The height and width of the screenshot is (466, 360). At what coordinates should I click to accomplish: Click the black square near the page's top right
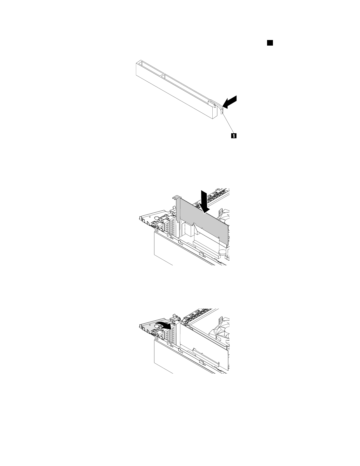pos(269,43)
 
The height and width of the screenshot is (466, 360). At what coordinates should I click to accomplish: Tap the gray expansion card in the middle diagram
pos(206,224)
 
